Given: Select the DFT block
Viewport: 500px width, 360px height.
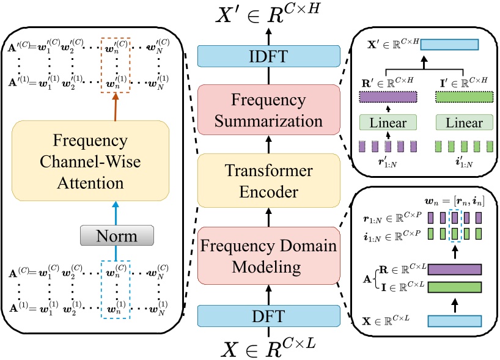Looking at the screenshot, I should point(268,315).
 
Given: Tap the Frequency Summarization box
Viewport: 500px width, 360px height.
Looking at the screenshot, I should point(268,109).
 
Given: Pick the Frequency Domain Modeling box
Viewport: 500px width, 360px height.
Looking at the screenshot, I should point(268,256).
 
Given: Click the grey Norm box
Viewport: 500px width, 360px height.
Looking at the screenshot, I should point(116,234).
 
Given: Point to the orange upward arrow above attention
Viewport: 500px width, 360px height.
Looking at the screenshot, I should point(116,108).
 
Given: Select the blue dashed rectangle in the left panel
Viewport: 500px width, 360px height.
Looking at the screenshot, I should point(116,285).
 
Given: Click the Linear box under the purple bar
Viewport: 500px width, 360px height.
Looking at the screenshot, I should point(388,123).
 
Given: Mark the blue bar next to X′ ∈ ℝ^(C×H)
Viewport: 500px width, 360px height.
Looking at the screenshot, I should point(449,45).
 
